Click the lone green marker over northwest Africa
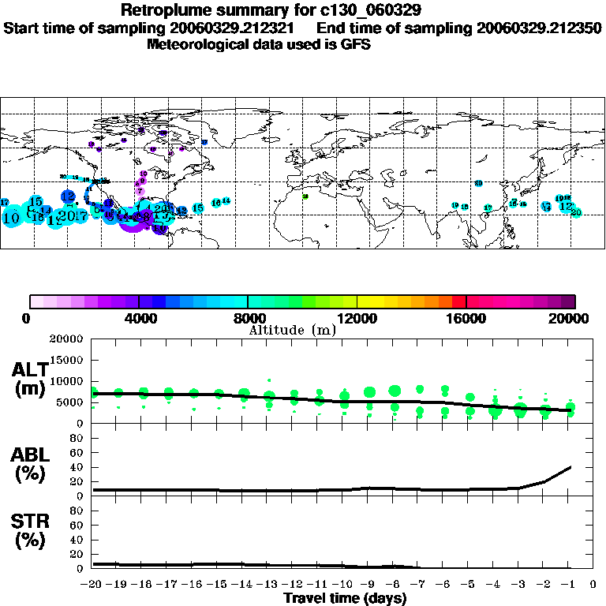coord(305,196)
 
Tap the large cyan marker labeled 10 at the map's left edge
coord(11,217)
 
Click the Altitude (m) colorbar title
coord(292,330)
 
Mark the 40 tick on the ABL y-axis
coord(77,467)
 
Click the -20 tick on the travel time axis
coord(92,585)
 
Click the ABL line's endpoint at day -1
coord(570,467)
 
